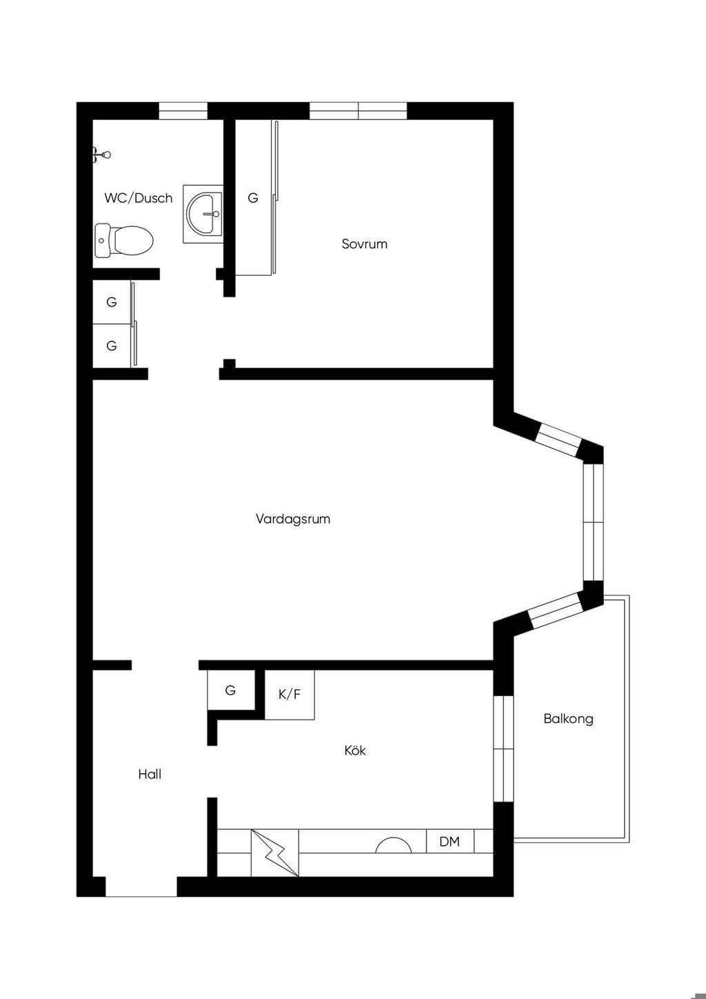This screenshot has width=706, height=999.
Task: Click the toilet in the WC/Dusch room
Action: (124, 240)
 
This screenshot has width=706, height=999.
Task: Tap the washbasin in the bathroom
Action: (203, 214)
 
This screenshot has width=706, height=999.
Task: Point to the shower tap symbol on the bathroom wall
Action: (101, 155)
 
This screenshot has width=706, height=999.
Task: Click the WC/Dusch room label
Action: (138, 198)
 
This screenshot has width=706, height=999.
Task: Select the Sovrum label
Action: (364, 244)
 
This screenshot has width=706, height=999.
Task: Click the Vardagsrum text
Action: (293, 519)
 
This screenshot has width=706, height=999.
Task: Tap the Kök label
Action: (355, 750)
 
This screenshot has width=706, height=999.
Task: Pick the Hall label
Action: (150, 774)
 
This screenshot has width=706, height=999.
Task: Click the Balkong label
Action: (568, 719)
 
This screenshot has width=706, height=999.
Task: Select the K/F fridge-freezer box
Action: (290, 694)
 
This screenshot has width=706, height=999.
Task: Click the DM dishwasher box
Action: (450, 841)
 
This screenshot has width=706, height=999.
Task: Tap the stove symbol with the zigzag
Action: (275, 853)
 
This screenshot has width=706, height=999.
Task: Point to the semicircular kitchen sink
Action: (394, 845)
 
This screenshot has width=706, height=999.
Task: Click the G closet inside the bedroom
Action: (253, 197)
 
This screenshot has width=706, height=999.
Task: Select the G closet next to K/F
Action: (230, 690)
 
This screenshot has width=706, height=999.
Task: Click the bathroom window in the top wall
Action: (183, 110)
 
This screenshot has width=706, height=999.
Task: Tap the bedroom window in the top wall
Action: (359, 110)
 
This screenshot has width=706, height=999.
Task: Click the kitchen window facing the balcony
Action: (504, 749)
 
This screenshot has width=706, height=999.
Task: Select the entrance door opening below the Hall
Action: (141, 887)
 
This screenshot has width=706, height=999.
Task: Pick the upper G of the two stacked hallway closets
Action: (112, 302)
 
